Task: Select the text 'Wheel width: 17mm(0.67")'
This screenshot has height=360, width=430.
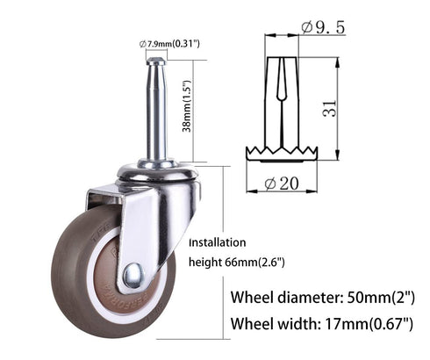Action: pos(321,324)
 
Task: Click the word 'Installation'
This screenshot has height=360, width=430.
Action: pos(218,242)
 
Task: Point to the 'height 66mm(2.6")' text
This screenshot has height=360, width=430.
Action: pos(237,262)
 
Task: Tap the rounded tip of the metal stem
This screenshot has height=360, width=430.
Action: pos(155,62)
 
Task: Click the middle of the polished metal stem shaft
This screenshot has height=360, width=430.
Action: pos(156,114)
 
